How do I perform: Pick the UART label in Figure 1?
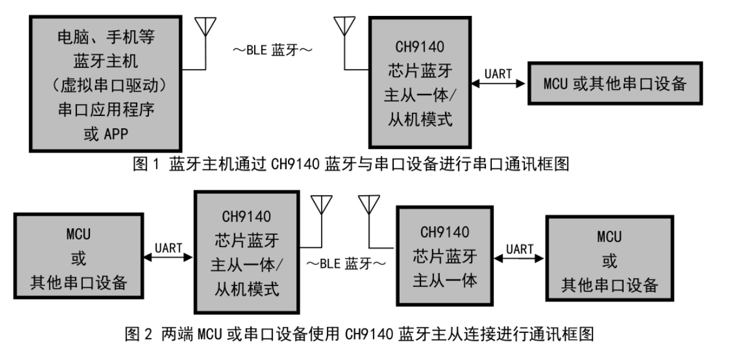coord(497,74)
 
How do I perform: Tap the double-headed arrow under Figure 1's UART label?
coord(497,85)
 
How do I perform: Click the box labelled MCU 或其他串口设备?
coord(615,84)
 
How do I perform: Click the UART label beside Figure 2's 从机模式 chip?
coord(168,247)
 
